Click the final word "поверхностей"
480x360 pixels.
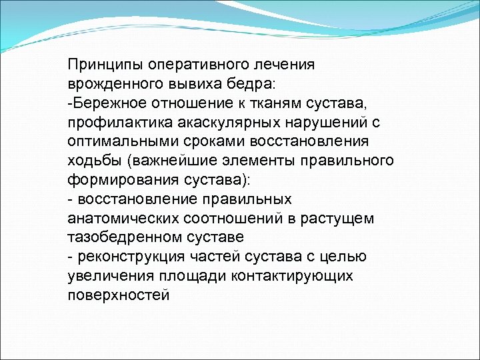pos(119,295)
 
